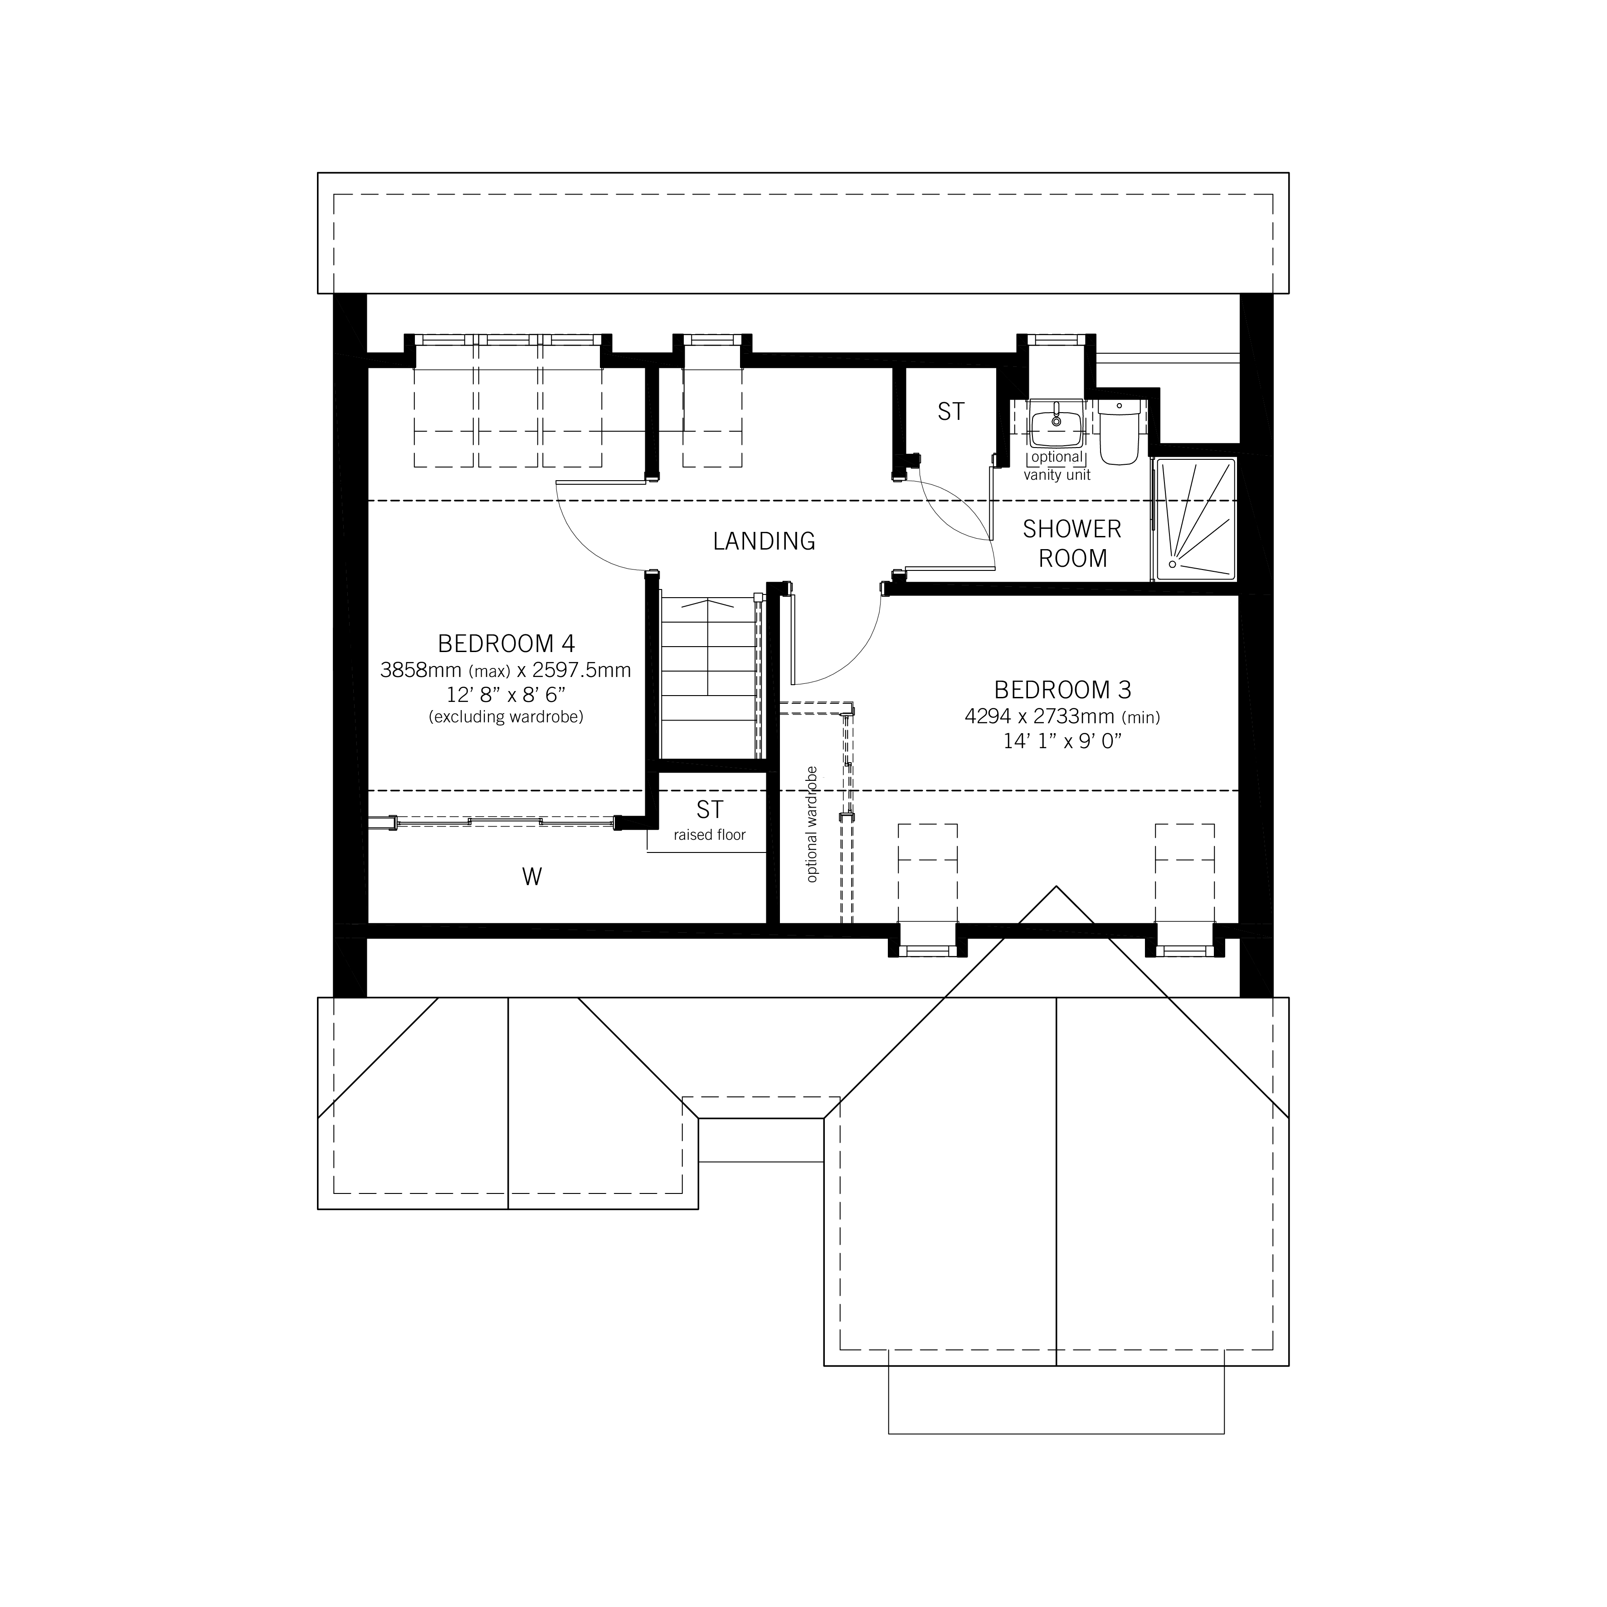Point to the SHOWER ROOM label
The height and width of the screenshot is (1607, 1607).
click(x=1072, y=543)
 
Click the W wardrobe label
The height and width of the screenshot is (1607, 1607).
click(x=531, y=877)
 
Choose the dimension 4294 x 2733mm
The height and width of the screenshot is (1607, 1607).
click(x=1062, y=716)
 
